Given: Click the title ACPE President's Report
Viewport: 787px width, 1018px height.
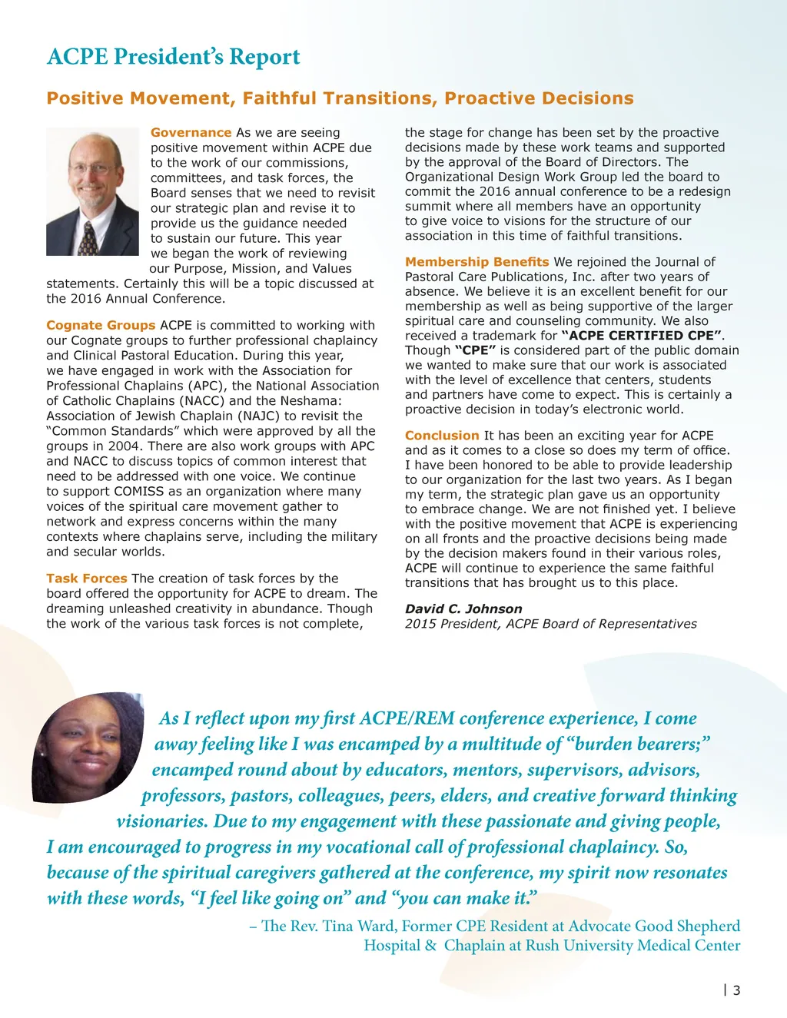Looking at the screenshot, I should tap(173, 57).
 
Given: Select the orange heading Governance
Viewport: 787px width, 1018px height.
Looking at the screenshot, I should tap(191, 133).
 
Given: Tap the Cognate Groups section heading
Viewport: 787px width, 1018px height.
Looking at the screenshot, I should tap(101, 326).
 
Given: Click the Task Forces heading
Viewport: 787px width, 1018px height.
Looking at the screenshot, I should tap(86, 579).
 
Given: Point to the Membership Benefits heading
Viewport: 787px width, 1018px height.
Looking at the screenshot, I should tap(477, 262).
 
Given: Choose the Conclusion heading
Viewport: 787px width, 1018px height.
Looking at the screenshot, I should tap(442, 436).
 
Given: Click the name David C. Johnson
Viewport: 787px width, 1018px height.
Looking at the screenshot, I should tap(463, 609).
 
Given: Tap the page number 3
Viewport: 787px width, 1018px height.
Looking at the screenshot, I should tap(736, 990).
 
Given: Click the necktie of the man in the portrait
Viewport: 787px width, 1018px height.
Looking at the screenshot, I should tap(89, 237).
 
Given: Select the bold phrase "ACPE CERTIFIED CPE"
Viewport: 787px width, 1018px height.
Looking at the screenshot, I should tap(642, 336).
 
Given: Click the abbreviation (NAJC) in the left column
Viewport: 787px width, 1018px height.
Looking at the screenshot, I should tap(259, 416).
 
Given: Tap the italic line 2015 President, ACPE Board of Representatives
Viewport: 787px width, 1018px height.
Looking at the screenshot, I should tap(551, 624).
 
